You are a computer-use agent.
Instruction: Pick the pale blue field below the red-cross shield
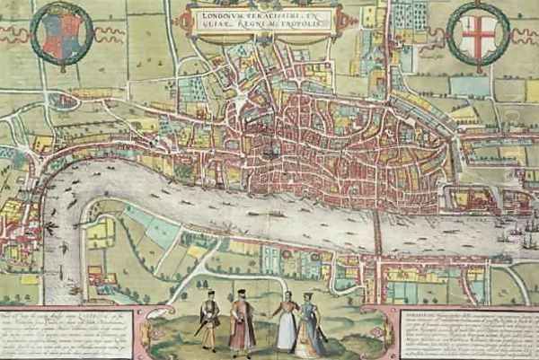point(467,86)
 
